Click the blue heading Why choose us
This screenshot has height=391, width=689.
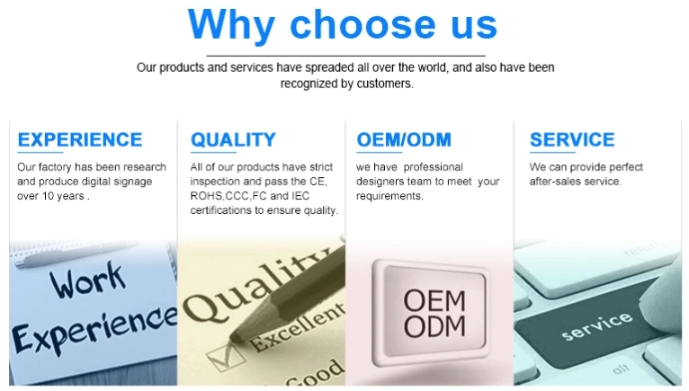343,25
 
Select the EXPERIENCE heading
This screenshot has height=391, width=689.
80,139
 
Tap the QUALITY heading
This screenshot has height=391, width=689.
233,139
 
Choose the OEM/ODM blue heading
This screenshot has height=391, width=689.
404,139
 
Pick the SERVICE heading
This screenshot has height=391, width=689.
572,139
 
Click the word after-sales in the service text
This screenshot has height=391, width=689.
550,182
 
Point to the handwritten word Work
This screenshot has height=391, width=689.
87,280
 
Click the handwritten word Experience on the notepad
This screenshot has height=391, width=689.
94,330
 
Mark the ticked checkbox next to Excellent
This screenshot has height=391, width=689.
226,357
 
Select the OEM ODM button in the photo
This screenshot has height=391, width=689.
432,313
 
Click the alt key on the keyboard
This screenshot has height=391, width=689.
621,369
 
